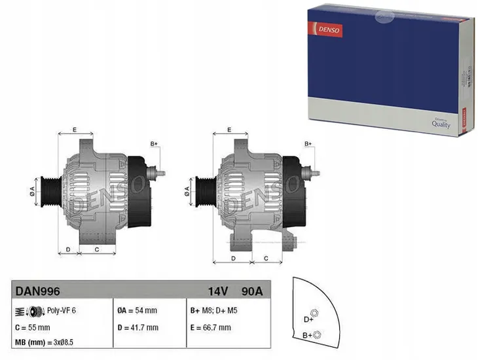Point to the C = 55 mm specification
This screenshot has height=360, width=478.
pos(33,327)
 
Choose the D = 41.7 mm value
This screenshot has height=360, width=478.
pos(138,327)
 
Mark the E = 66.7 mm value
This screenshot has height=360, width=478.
pos(211,327)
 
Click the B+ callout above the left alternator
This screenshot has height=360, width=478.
pos(155,143)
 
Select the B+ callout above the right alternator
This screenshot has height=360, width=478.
pos(309,143)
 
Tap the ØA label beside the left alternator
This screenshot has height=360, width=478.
pos(31,190)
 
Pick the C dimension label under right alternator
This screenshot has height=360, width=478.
pos(266,258)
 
